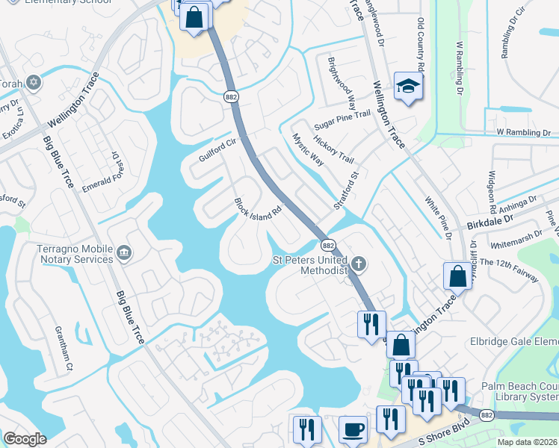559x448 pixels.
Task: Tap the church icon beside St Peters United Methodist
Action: point(359,262)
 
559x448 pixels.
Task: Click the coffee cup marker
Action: point(353,430)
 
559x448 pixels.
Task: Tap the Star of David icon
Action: point(33,81)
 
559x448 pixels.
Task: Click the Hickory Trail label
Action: point(333,149)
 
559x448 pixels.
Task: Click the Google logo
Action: point(25,439)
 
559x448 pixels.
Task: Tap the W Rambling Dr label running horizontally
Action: point(527,132)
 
